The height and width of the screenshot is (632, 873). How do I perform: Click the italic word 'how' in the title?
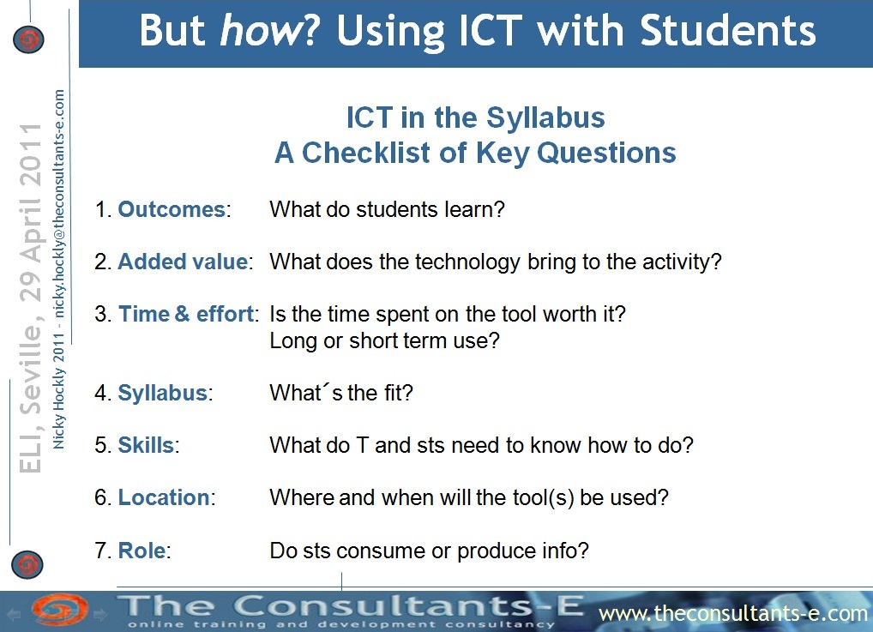[260, 30]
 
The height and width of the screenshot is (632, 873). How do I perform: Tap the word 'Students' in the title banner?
[728, 30]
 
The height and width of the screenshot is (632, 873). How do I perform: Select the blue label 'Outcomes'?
[172, 209]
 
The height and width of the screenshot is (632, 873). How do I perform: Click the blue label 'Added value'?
[184, 262]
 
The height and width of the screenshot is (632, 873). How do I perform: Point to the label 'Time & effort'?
[186, 314]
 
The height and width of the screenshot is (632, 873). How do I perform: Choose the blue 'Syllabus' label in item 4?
[163, 393]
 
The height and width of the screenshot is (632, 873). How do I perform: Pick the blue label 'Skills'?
[146, 445]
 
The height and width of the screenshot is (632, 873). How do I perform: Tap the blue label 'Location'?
[164, 497]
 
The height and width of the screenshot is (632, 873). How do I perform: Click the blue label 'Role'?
[142, 551]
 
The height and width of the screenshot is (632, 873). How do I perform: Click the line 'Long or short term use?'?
[385, 340]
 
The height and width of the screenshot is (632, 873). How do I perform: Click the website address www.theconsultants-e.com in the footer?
[733, 614]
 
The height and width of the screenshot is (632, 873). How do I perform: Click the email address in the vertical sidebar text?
[59, 204]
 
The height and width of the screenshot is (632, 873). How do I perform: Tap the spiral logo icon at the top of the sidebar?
[28, 39]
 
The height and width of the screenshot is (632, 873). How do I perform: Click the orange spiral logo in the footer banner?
[59, 611]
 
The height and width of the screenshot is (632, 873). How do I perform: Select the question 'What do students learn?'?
[387, 209]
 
